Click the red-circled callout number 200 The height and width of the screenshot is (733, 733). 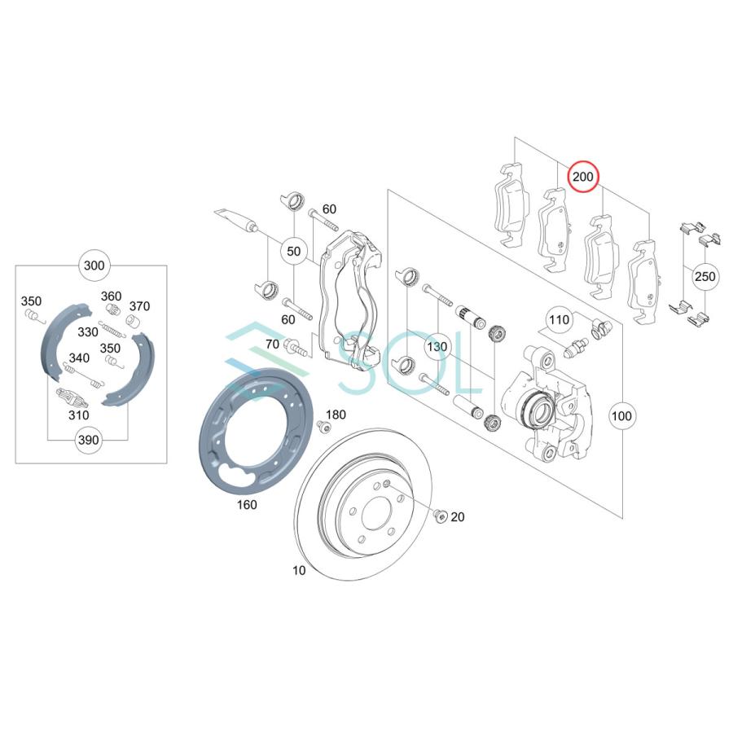[x=583, y=177]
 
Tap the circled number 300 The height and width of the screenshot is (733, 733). [x=94, y=266]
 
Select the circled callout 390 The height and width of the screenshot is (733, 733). [x=88, y=440]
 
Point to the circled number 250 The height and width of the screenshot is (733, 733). [x=705, y=277]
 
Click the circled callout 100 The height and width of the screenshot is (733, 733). [x=621, y=416]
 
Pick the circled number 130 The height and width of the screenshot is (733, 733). [x=437, y=346]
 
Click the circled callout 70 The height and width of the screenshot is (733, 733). [x=272, y=345]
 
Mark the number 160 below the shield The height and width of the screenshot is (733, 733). [x=246, y=505]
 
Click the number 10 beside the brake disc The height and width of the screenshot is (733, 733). [x=299, y=570]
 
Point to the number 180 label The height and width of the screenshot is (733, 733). [x=336, y=415]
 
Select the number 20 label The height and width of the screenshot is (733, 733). [x=457, y=516]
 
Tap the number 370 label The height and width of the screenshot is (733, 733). [x=139, y=306]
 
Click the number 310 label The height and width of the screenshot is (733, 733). [x=78, y=415]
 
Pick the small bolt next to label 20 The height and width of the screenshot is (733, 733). [x=440, y=515]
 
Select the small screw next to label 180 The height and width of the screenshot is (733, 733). [x=324, y=428]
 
